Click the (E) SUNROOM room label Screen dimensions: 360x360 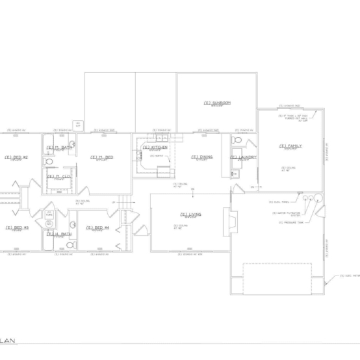[x=217, y=103]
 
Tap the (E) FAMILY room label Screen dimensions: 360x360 [x=292, y=146]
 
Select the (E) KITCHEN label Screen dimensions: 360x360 [x=155, y=148]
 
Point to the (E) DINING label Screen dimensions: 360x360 [x=202, y=157]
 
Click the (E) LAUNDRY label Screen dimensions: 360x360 [x=243, y=157]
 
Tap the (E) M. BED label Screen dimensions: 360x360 [x=102, y=157]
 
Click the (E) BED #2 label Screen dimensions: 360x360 [x=16, y=157]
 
